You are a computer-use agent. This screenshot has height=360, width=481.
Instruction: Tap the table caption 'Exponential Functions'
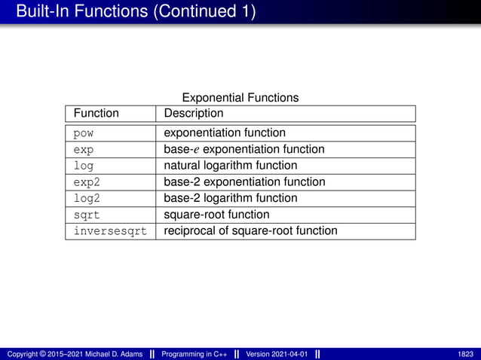click(240, 97)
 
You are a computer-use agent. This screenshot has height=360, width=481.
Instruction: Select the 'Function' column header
click(96, 113)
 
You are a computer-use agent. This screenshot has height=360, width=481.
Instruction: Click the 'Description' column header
click(194, 113)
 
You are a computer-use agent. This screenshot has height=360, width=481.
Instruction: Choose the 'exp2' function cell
click(86, 182)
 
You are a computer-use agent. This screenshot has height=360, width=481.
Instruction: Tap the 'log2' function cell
click(86, 199)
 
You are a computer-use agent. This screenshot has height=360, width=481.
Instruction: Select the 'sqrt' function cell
click(86, 215)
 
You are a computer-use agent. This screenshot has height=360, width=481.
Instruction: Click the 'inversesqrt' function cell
click(109, 231)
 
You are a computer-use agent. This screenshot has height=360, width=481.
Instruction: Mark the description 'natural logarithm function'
click(231, 166)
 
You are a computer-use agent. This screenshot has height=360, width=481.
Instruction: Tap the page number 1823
click(466, 354)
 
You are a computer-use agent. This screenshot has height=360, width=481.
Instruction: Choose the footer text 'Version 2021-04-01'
click(277, 354)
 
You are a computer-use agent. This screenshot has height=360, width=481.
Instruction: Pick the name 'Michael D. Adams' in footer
click(112, 354)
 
